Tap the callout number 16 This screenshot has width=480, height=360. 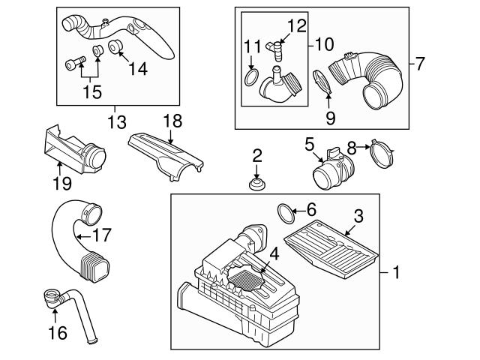coord(56,331)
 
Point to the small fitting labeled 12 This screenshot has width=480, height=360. coord(277,52)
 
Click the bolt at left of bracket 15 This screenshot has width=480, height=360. coord(73,64)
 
